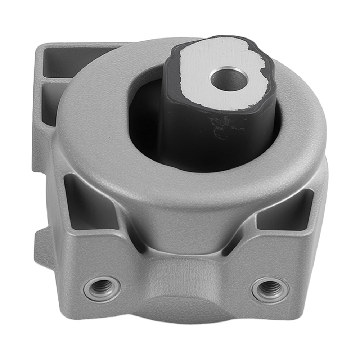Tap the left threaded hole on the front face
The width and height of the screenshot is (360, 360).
click(x=102, y=287)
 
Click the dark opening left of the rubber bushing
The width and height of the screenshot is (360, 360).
click(x=144, y=119)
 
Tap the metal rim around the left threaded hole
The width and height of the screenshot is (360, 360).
click(x=88, y=288)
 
